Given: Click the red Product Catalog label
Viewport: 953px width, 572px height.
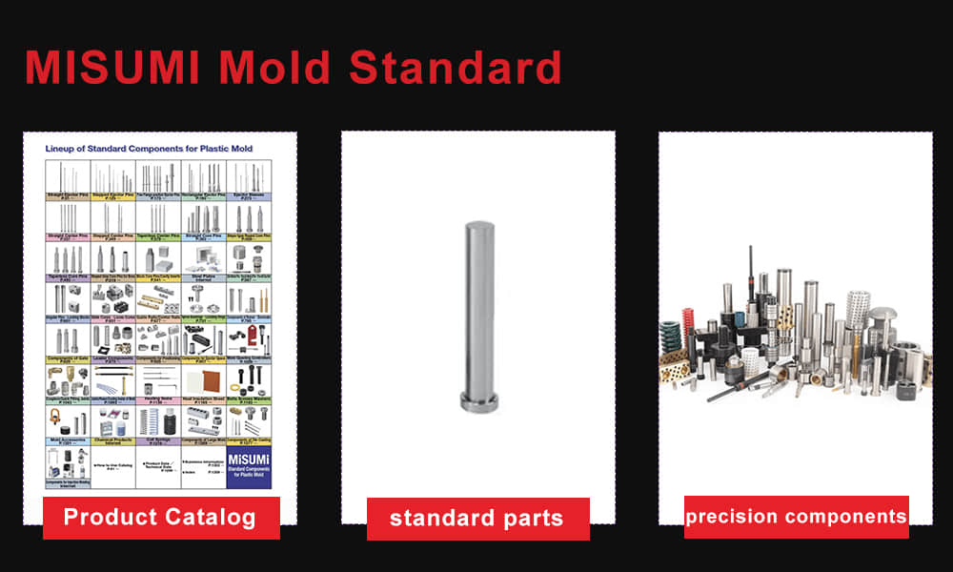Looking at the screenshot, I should tap(160, 518).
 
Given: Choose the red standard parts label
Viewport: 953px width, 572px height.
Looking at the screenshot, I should tap(477, 519).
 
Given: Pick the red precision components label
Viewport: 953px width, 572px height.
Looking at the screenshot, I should tap(796, 517).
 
